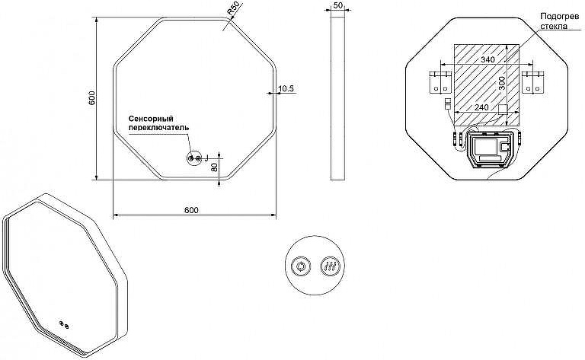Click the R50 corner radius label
234,9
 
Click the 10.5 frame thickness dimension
286,88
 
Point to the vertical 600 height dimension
92,97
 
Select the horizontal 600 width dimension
191,210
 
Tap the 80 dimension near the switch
215,167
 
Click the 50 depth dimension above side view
338,5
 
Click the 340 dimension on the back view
487,59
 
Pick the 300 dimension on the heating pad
502,83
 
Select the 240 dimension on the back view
481,107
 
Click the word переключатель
158,127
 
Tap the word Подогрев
560,17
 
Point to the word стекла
554,26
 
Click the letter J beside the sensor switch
206,158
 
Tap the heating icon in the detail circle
331,267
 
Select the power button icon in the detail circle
301,267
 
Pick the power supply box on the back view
491,149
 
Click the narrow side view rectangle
337,98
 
